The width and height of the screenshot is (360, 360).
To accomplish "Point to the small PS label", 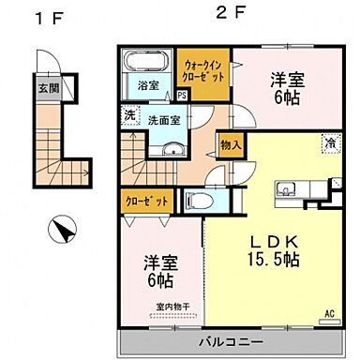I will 181,96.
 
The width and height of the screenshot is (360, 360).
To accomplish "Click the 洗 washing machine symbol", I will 129,116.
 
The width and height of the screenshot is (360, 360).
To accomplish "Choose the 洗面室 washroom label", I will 164,120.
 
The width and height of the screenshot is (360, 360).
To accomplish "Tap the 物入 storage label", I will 231,145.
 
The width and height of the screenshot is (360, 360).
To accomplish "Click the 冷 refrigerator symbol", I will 329,143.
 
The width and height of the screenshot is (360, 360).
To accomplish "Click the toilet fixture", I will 198,200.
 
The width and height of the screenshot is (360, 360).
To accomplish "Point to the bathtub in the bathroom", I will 145,62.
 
